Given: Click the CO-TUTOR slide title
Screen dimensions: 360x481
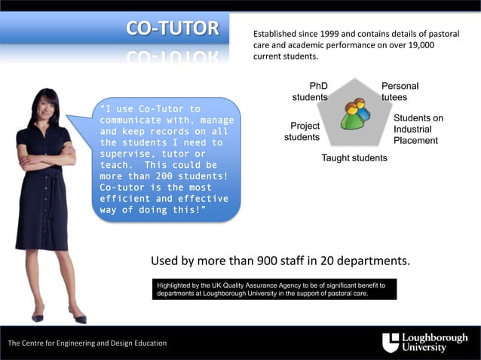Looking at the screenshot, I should [x=173, y=29].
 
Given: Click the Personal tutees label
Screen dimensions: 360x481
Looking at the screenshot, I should [x=399, y=92].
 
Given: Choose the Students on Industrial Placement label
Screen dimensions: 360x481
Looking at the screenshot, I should [x=418, y=129].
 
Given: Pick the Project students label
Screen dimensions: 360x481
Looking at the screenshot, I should [x=302, y=131].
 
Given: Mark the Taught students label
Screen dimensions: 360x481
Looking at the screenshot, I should [x=354, y=158].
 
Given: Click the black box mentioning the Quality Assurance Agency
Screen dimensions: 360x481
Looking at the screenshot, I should [x=274, y=289].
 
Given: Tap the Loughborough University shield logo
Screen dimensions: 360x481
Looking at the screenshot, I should [x=391, y=343].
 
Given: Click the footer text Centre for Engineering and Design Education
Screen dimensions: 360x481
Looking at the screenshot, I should [x=87, y=343].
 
